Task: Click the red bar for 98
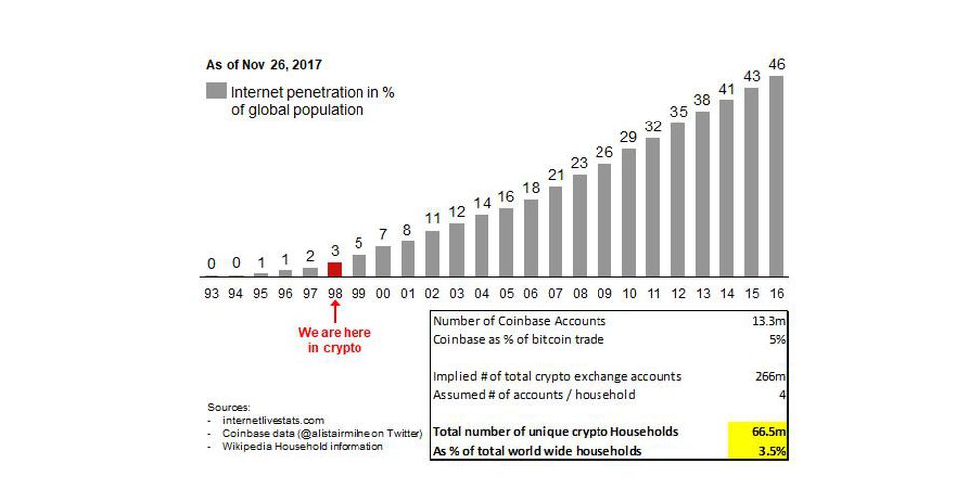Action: click(335, 268)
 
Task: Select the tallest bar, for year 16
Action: click(776, 175)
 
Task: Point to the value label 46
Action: click(777, 64)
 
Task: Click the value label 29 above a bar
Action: click(629, 137)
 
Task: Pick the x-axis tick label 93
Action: click(211, 294)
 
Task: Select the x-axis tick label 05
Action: click(506, 294)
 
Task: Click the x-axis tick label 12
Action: click(678, 294)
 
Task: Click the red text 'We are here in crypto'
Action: click(336, 339)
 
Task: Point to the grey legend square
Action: click(216, 91)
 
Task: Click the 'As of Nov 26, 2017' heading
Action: click(256, 63)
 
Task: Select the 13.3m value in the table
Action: click(762, 321)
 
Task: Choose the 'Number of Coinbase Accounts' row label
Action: click(520, 321)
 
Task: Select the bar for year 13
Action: click(702, 192)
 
